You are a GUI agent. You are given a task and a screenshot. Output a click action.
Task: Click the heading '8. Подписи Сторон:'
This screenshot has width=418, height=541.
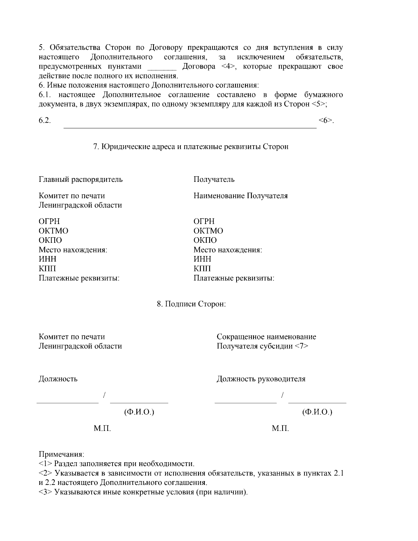191,304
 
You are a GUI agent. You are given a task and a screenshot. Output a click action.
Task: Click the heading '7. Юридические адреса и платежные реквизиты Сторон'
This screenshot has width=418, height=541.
191,147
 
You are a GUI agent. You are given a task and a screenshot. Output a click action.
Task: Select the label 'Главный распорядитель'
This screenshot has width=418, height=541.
80,179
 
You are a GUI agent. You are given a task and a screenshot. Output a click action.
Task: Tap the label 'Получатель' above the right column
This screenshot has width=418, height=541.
214,179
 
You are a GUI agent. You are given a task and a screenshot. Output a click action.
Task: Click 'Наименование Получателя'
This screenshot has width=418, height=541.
240,196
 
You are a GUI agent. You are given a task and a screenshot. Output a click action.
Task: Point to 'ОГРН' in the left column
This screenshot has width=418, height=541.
49,222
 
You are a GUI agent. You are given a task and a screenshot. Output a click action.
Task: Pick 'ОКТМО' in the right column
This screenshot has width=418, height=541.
208,231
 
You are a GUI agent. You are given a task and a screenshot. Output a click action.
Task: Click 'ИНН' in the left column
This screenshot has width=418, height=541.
47,259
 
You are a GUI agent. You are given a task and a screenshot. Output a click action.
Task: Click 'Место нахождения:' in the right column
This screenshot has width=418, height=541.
227,250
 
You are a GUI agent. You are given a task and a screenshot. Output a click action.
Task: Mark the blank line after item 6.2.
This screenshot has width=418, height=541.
190,127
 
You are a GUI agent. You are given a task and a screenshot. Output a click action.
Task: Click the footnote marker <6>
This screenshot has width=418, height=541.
325,121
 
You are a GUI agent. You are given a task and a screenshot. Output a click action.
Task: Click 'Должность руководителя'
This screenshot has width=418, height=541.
261,379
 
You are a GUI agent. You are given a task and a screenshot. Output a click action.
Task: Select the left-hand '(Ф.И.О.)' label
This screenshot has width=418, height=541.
139,412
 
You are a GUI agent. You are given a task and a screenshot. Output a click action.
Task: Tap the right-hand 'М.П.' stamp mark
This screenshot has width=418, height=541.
280,428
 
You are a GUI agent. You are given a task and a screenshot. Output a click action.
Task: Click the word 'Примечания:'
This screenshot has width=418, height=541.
61,455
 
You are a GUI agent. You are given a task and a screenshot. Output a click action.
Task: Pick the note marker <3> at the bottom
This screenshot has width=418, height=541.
45,493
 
